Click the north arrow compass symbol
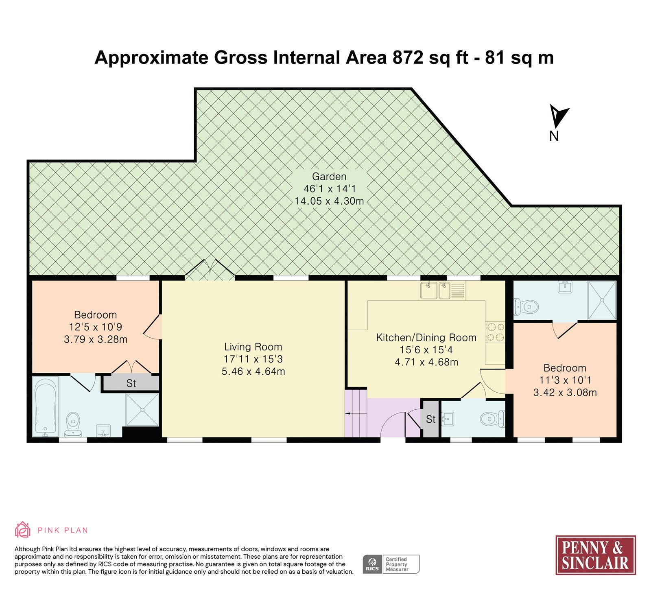[558, 117]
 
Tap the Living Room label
[253, 347]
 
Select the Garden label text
[329, 177]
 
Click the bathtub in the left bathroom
[45, 406]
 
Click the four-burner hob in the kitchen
[495, 332]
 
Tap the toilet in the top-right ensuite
[526, 306]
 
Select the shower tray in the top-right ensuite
[602, 300]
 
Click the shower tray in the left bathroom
[142, 410]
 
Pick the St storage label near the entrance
[431, 419]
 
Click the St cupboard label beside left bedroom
[131, 383]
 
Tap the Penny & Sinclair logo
[596, 555]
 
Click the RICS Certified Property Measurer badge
[391, 564]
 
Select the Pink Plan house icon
[22, 530]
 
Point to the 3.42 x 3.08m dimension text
[565, 393]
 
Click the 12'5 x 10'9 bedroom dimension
[96, 327]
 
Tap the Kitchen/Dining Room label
[426, 338]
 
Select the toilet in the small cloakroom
[492, 419]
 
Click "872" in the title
[408, 58]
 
